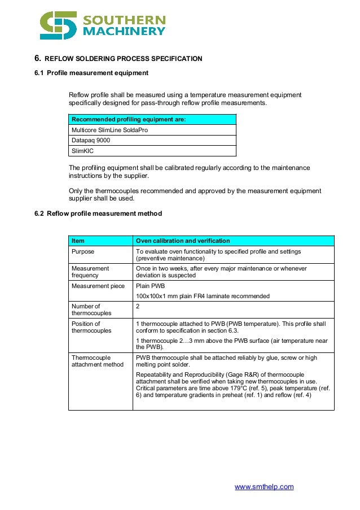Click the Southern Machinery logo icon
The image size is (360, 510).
(x=58, y=25)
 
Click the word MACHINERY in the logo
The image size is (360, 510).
(x=124, y=32)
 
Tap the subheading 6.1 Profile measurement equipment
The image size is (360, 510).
(x=91, y=73)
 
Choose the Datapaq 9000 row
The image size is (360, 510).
(x=89, y=141)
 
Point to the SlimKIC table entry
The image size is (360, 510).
(x=82, y=151)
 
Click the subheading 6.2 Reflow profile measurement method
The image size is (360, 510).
(x=98, y=213)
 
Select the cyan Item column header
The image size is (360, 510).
(x=78, y=241)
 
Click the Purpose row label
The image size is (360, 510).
(x=83, y=251)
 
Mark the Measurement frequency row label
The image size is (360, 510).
(x=90, y=272)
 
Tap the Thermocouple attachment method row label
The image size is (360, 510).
(x=97, y=361)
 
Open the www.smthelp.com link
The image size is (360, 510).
(x=264, y=487)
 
